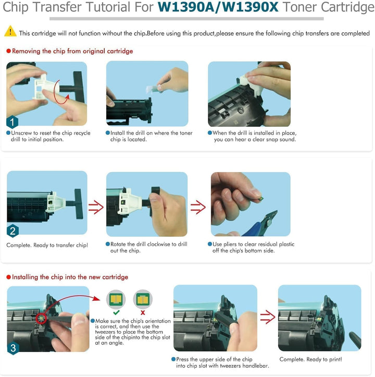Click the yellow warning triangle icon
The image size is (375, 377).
coord(10,31)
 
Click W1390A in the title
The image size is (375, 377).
coord(186,7)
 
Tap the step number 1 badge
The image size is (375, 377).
coord(12,121)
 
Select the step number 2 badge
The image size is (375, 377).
coord(12,231)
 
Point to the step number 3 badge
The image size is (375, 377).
coord(13,348)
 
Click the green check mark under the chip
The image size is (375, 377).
coord(116,312)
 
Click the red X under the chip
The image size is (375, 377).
coord(143,312)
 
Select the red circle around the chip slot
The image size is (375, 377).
coord(41,319)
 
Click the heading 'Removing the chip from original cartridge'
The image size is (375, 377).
coord(72,51)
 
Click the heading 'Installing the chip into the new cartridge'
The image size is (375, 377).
coord(70,277)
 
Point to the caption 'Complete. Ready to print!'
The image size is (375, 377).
coord(310,359)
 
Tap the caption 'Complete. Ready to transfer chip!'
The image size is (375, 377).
coord(47,245)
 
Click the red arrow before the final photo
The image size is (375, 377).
coord(268,317)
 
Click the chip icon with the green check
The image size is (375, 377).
coord(116,299)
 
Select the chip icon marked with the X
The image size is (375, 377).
coord(143,299)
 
